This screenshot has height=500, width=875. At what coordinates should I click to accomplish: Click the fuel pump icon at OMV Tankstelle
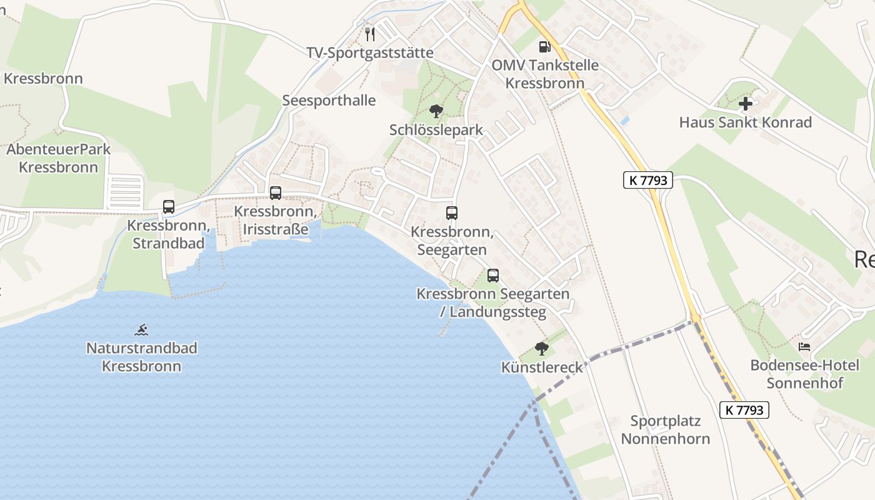[545, 46]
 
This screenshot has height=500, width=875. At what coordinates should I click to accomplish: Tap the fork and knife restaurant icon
[370, 34]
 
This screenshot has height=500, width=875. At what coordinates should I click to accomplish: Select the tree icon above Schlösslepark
[436, 112]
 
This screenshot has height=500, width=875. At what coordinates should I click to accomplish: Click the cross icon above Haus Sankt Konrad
[746, 104]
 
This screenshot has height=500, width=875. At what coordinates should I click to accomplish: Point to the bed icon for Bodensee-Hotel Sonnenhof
[805, 346]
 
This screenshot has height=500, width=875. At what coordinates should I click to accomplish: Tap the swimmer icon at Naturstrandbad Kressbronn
[142, 329]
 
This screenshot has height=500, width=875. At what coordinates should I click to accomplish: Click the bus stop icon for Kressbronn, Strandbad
[169, 206]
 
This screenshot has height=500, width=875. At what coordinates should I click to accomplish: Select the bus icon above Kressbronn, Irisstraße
[276, 193]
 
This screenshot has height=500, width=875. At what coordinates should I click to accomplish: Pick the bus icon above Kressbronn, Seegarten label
[452, 213]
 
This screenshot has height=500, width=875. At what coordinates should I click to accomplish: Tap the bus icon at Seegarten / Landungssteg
[493, 275]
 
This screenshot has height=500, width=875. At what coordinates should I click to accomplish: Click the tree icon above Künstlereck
[542, 349]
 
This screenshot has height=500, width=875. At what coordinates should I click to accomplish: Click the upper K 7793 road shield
[647, 181]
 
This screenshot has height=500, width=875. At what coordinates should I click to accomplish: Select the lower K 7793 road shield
[744, 410]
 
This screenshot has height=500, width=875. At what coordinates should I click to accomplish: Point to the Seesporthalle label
[329, 101]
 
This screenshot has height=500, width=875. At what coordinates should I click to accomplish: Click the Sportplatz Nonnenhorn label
[665, 430]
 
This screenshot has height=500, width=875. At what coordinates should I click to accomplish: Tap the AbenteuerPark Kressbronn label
[58, 158]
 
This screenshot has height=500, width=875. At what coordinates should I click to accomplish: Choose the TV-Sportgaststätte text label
[370, 52]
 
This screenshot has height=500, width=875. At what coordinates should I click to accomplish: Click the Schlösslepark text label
[436, 130]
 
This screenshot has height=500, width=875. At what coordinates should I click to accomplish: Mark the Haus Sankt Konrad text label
[746, 122]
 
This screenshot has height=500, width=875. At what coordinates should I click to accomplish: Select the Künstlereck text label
[542, 367]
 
